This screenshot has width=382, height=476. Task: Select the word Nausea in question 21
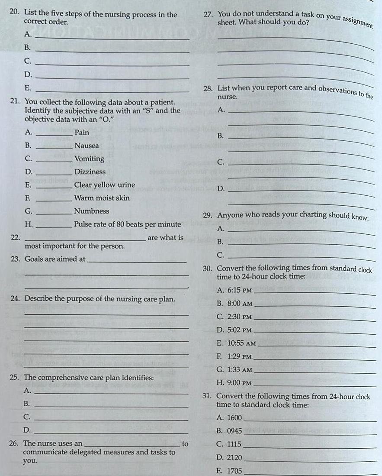click(x=87, y=146)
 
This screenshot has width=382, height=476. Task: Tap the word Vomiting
click(x=89, y=159)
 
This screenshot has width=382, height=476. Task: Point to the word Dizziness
click(x=90, y=172)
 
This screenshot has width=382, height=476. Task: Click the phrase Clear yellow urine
click(x=104, y=185)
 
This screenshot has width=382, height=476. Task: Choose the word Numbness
click(x=92, y=211)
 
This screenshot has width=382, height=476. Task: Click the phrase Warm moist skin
click(x=102, y=198)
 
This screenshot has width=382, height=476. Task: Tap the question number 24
click(x=15, y=299)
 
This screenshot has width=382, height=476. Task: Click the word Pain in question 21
click(x=82, y=133)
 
